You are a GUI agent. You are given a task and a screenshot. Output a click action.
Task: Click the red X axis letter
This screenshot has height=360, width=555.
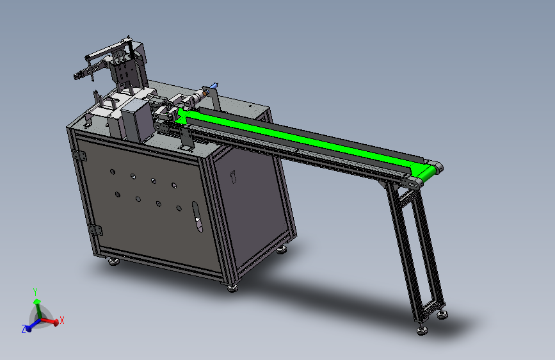62,320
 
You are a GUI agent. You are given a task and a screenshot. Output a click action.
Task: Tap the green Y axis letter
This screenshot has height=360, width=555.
35,291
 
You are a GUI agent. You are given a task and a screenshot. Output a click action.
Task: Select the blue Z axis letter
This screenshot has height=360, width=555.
24,329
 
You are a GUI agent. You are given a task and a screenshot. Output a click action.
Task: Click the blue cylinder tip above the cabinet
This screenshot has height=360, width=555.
214,85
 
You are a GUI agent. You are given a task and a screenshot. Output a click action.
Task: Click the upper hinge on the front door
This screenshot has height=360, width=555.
80,155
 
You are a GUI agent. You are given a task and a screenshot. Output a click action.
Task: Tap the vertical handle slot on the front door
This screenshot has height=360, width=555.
197,217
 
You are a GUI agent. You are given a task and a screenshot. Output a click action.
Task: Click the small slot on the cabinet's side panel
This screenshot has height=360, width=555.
233,177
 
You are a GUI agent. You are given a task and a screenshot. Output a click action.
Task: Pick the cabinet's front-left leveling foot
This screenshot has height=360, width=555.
114,262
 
